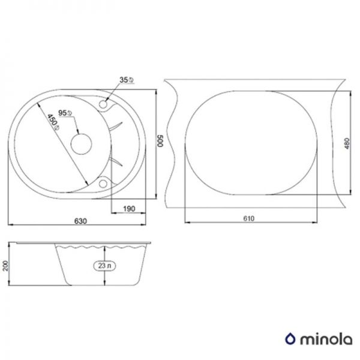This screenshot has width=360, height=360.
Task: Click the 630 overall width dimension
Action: coord(80,221)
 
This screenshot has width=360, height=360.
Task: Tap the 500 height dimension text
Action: coord(160,142)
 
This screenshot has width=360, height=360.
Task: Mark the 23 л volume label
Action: coord(105,265)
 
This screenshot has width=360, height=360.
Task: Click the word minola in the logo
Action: coord(323,338)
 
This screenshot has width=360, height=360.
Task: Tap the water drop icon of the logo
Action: coord(292,338)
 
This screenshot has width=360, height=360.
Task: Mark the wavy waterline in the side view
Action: coord(102,247)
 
